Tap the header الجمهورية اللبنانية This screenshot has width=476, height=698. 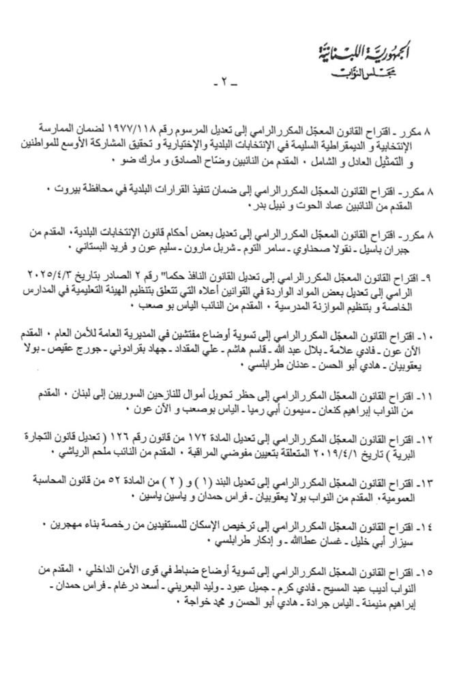coord(375,50)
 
